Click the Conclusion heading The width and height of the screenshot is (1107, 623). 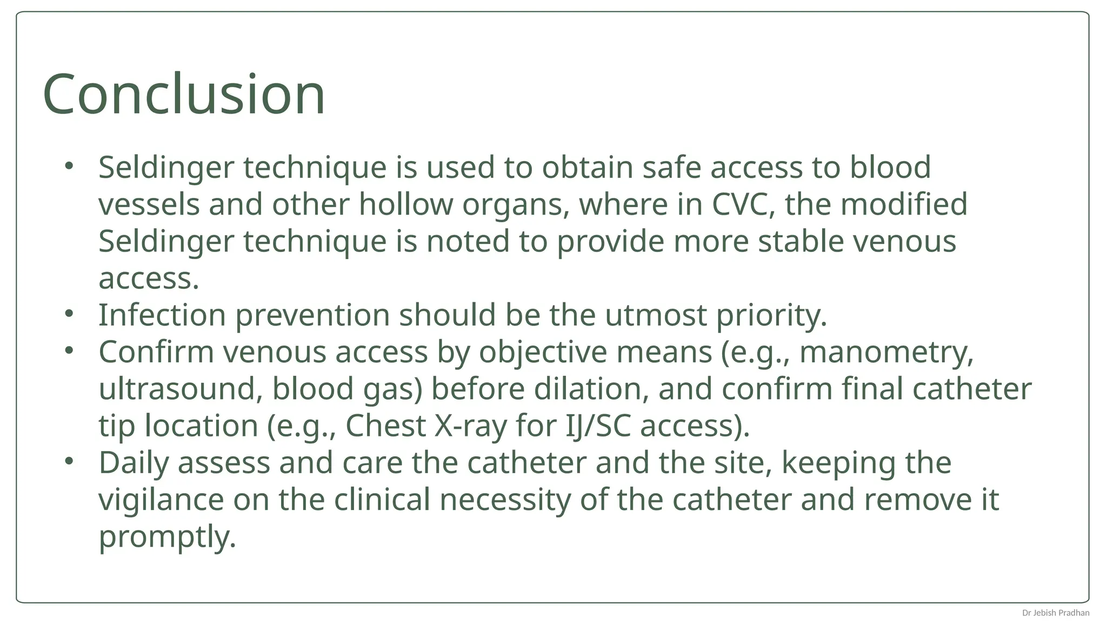[x=184, y=94]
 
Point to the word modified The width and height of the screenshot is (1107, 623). [x=903, y=204]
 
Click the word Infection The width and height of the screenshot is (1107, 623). [x=162, y=315]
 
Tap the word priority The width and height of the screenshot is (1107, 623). [x=771, y=316]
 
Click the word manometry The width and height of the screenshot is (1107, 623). [x=886, y=352]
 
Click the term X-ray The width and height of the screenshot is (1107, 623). [x=470, y=426]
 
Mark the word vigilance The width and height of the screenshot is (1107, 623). [x=161, y=500]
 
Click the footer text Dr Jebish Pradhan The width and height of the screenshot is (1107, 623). [x=1055, y=613]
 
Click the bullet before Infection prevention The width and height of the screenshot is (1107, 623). [x=68, y=313]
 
